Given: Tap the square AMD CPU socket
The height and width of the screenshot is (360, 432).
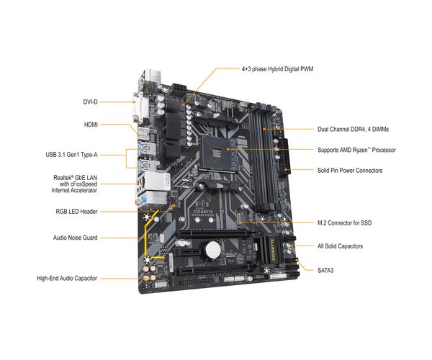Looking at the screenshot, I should pos(220,152).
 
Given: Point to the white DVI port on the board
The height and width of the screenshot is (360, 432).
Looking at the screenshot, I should pos(144,108).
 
